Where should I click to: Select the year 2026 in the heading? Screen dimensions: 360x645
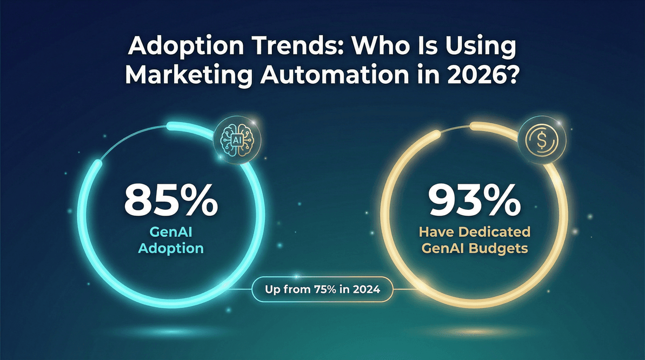[486, 75]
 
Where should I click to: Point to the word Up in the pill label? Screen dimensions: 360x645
[272, 290]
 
